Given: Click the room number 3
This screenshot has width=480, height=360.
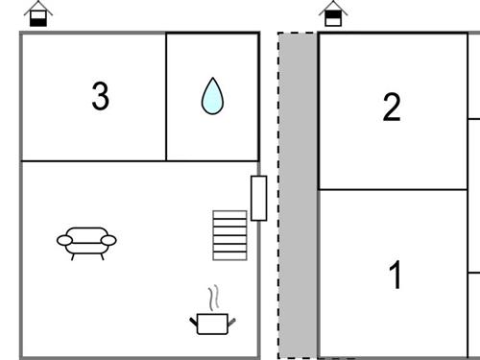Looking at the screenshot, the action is (x=101, y=96).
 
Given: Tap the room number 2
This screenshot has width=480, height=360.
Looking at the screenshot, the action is (x=392, y=107).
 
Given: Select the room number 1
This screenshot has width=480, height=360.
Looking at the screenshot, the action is (x=395, y=275).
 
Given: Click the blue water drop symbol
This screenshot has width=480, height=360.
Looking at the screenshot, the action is (x=212, y=96).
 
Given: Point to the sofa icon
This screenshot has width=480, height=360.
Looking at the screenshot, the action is (x=86, y=243).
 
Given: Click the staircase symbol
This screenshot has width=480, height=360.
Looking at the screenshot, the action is (x=229, y=235).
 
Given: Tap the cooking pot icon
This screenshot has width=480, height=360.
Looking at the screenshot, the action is (x=213, y=324).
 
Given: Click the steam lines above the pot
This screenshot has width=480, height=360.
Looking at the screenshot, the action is (x=214, y=298).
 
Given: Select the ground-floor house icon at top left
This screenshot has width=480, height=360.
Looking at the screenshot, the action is (x=38, y=13).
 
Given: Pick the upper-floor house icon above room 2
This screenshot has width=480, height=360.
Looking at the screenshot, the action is (x=333, y=13).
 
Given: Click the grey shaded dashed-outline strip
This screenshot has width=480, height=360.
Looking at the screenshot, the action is (x=298, y=195).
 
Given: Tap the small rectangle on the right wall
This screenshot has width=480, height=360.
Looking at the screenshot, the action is (x=259, y=198).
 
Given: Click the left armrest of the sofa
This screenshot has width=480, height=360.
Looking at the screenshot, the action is (x=64, y=240).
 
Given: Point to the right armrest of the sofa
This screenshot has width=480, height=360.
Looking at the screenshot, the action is (x=108, y=240).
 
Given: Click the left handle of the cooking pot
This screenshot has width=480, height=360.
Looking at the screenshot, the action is (x=194, y=322).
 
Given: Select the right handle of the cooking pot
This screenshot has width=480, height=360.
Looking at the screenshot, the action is (x=231, y=322).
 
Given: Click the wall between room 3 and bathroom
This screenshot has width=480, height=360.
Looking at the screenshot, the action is (x=166, y=97).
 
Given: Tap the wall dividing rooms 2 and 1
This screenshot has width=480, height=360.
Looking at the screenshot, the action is (x=394, y=190).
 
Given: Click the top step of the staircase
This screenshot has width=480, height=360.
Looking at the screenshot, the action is (x=229, y=215).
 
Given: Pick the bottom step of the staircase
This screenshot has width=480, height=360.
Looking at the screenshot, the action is (x=229, y=256).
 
